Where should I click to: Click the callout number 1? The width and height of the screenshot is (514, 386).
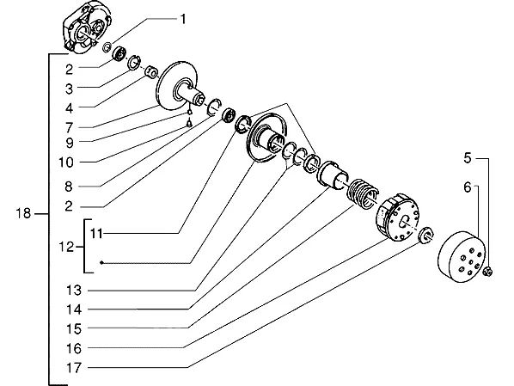click(x=183, y=19)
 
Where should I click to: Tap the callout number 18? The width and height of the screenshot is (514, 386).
click(x=23, y=213)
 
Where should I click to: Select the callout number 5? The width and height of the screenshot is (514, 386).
click(x=468, y=158)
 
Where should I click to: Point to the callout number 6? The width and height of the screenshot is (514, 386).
click(x=468, y=187)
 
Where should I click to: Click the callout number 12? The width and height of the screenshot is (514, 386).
click(x=66, y=247)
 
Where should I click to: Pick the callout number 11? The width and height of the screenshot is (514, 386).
click(x=97, y=234)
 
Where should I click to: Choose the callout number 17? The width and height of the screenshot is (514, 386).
click(x=74, y=368)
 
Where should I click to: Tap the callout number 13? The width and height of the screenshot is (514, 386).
click(x=74, y=291)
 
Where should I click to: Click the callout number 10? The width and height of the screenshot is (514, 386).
click(x=66, y=162)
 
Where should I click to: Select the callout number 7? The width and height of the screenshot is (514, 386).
click(x=69, y=127)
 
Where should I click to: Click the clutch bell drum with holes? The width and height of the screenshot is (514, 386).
click(x=462, y=256)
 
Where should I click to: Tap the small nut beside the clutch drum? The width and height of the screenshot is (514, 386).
click(x=488, y=271)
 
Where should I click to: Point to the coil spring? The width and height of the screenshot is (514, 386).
click(x=362, y=193)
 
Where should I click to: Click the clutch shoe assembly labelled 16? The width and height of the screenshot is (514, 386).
click(x=397, y=217)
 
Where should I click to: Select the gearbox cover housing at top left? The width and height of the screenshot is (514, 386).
click(x=87, y=27)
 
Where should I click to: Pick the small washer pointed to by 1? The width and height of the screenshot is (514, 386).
click(x=107, y=47)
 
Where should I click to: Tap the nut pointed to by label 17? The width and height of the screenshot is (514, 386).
click(x=426, y=235)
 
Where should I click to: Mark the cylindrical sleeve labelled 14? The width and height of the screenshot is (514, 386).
click(x=332, y=175)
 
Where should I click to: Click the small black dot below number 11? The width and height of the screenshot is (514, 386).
click(x=102, y=262)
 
